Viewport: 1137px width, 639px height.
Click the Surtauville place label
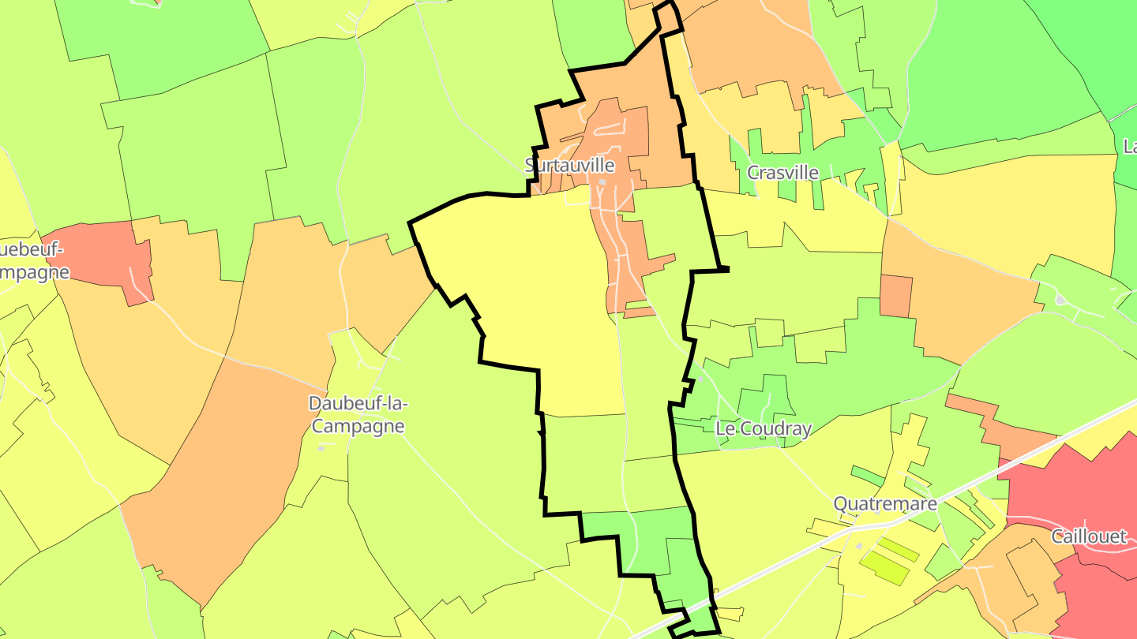[569, 165]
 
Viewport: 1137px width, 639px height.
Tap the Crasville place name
[782, 172]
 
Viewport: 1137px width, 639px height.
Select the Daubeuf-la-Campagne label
[358, 415]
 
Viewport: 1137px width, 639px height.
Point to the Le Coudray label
[763, 429]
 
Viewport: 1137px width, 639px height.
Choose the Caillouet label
[1089, 536]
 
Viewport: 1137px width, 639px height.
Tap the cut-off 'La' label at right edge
[1130, 147]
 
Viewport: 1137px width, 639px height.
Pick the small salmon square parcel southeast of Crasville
[895, 296]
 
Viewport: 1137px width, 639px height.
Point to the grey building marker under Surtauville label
[602, 182]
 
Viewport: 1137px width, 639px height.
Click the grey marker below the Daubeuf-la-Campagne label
[321, 447]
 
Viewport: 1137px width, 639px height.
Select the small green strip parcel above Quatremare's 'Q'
[868, 476]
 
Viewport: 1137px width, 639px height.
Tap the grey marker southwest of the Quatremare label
[860, 545]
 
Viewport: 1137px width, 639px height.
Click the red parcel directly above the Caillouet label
[1066, 481]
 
